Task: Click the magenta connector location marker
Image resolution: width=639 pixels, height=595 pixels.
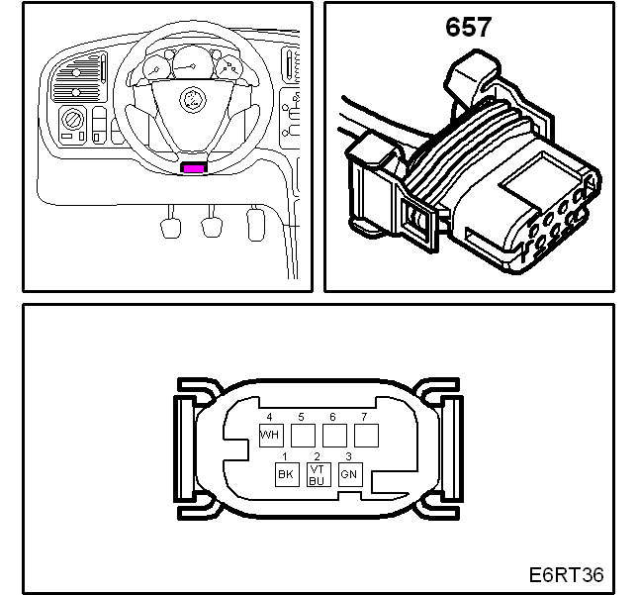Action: coord(194,168)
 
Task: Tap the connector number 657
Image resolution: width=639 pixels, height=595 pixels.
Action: coord(468,28)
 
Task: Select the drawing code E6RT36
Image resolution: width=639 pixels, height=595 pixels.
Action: coord(566,574)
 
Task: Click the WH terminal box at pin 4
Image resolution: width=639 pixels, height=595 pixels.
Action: coord(271,436)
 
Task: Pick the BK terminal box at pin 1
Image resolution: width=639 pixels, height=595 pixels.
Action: coord(287,474)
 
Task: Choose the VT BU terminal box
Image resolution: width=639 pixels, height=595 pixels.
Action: coord(319,474)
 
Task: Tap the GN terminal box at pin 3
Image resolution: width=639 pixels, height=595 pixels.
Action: coord(350,474)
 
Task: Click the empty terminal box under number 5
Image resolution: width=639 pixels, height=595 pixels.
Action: coord(303,436)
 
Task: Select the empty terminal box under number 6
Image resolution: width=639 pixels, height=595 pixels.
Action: coord(334,436)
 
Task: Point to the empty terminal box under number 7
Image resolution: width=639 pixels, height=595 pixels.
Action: coord(366,436)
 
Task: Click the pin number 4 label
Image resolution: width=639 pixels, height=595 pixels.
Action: coord(269,417)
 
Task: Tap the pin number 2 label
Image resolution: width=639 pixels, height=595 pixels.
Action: coord(318,456)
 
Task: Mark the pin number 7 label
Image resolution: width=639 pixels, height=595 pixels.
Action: coord(364,417)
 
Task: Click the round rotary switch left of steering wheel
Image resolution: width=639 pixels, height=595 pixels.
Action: coord(72,121)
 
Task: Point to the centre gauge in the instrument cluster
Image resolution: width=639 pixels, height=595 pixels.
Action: coord(191,63)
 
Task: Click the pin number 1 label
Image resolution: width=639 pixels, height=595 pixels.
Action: coord(285,456)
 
